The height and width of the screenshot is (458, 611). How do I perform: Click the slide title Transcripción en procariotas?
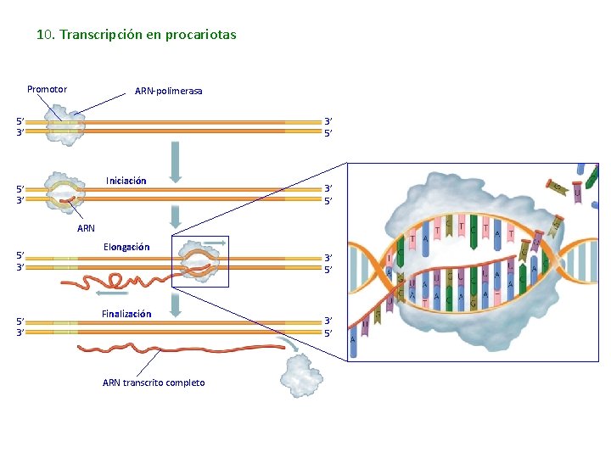tap(136, 35)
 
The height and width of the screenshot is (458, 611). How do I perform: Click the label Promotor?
tap(47, 89)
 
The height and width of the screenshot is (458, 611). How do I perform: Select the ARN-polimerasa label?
tap(168, 91)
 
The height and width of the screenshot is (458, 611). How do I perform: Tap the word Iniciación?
tap(126, 181)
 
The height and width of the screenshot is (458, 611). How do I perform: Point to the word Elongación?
tap(126, 247)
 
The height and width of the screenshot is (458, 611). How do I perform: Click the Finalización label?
tap(126, 314)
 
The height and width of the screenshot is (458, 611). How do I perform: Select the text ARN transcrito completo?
tap(154, 383)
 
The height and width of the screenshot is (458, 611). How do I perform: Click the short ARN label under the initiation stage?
tap(86, 228)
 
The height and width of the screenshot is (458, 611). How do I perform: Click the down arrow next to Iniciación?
tap(176, 161)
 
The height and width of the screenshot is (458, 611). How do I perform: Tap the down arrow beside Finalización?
tap(176, 304)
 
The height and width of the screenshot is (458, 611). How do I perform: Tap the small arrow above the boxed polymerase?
tap(216, 243)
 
